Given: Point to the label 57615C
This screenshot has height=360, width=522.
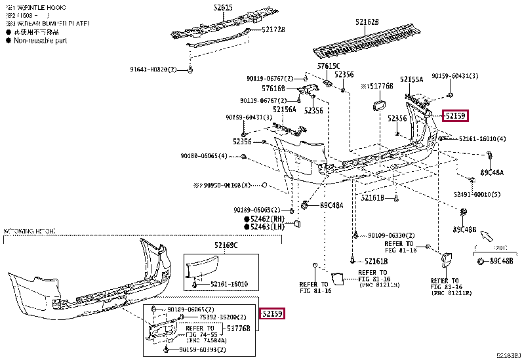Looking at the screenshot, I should [x=329, y=66].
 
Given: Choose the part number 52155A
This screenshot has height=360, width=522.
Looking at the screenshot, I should [x=412, y=79].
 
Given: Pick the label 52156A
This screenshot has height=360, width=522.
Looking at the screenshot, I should [x=285, y=110].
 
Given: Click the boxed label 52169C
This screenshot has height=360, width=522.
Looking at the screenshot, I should [x=226, y=245].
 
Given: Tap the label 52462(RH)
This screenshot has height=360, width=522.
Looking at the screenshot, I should [x=267, y=218].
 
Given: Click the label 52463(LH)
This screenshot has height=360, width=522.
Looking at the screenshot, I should [x=267, y=227].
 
